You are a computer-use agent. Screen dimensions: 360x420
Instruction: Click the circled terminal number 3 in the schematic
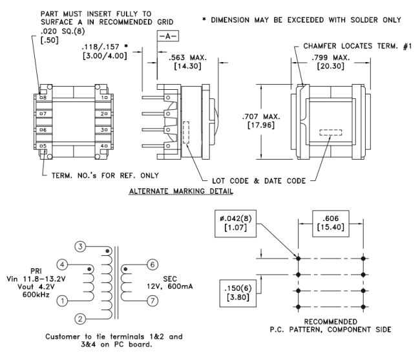[x=79, y=246]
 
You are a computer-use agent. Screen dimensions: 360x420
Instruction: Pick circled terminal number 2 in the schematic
[x=79, y=319]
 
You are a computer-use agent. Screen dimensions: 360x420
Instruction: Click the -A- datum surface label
[x=162, y=37]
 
